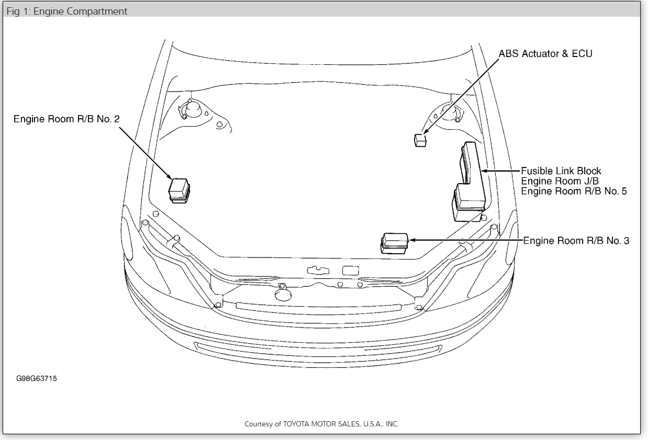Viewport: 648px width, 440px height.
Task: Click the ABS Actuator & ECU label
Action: tap(545, 53)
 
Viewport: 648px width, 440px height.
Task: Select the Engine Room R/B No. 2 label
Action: tap(66, 119)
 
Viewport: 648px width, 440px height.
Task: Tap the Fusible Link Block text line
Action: tap(561, 171)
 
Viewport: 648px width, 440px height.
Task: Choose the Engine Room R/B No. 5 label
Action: tap(574, 191)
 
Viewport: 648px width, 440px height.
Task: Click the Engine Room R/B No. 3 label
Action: tap(576, 241)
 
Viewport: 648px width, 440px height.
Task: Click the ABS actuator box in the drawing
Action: tap(420, 140)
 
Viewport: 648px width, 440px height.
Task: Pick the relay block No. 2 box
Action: tap(179, 189)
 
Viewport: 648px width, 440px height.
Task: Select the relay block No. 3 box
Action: tap(394, 243)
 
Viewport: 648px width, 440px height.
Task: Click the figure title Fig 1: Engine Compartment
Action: tap(67, 11)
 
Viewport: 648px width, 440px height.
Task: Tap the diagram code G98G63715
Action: tap(36, 378)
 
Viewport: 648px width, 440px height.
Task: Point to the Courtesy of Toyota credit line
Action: tap(321, 424)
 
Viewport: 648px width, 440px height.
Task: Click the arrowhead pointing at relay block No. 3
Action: tap(412, 240)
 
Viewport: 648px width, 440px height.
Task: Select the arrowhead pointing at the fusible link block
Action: tap(484, 171)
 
